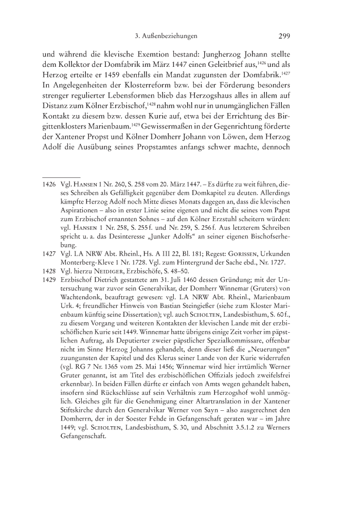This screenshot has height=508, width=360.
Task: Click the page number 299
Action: tap(285, 37)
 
